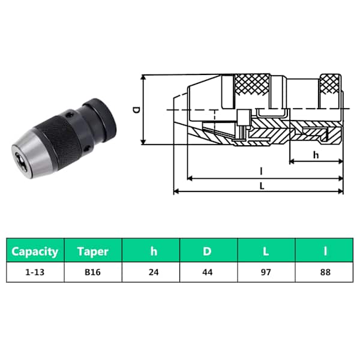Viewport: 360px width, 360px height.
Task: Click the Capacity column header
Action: [35, 251]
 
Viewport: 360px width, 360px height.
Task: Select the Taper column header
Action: [93, 251]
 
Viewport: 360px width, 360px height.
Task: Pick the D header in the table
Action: [208, 251]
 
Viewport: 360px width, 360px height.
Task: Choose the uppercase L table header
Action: [266, 251]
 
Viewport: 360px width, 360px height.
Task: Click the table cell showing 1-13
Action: [35, 272]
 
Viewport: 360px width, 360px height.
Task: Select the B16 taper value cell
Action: [93, 272]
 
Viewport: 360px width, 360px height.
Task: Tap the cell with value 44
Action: [208, 272]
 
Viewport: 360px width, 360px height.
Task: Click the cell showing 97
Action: [266, 272]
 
